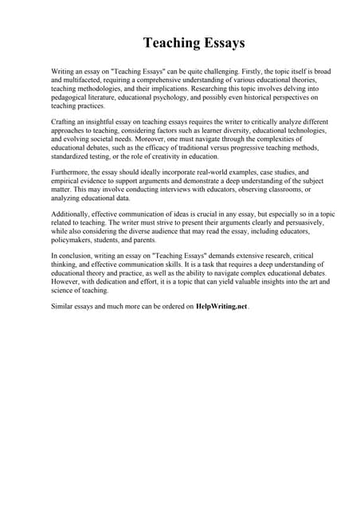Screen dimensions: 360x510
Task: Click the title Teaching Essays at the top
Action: point(194,42)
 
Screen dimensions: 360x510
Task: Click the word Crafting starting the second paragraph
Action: point(65,121)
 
